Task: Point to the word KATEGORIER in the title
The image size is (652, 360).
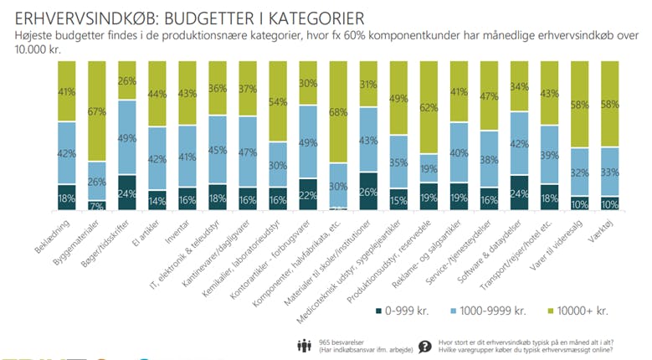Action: pyautogui.click(x=305, y=17)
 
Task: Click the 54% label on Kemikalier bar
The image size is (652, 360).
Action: pyautogui.click(x=278, y=100)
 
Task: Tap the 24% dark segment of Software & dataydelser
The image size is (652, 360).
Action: pyautogui.click(x=519, y=193)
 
